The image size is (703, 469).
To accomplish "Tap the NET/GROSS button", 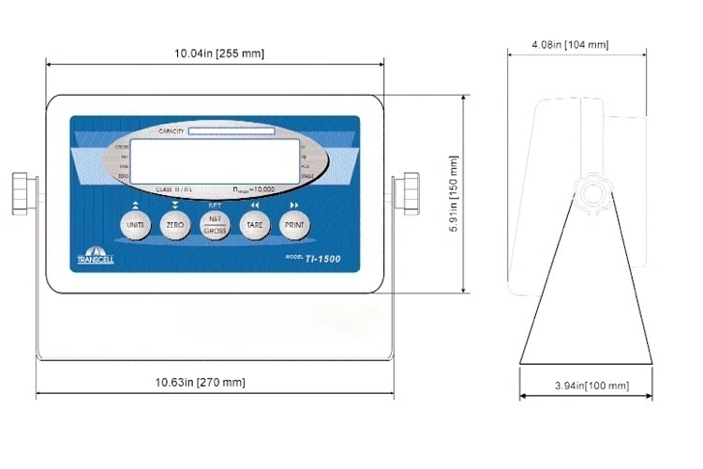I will pos(215,225).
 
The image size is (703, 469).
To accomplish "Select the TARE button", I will pos(254,225).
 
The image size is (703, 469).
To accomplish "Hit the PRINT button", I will pos(293,225).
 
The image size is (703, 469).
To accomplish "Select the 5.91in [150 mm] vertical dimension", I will pos(479,194).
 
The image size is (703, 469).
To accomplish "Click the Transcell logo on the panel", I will pos(95,255).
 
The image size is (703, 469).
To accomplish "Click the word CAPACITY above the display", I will pos(172,131).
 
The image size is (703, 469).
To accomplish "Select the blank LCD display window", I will pos(214,160).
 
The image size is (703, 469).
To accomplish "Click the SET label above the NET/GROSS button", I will pos(215,204).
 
